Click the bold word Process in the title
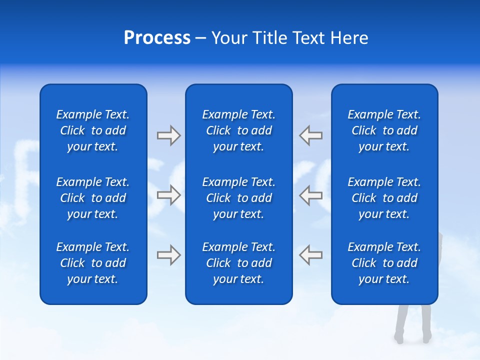(x=157, y=38)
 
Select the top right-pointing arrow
(x=168, y=135)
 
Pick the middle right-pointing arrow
(x=168, y=195)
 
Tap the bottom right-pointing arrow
(x=168, y=255)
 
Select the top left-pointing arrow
(x=310, y=135)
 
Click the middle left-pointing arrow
(x=310, y=195)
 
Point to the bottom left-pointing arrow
(x=310, y=255)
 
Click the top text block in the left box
(x=93, y=130)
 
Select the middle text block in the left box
(x=93, y=198)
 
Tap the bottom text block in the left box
(x=93, y=263)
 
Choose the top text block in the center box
(x=238, y=130)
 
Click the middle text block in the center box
(x=238, y=198)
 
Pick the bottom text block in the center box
(x=238, y=263)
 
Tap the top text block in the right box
(x=384, y=130)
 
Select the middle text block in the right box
(x=384, y=198)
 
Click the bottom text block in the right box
(x=384, y=263)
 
